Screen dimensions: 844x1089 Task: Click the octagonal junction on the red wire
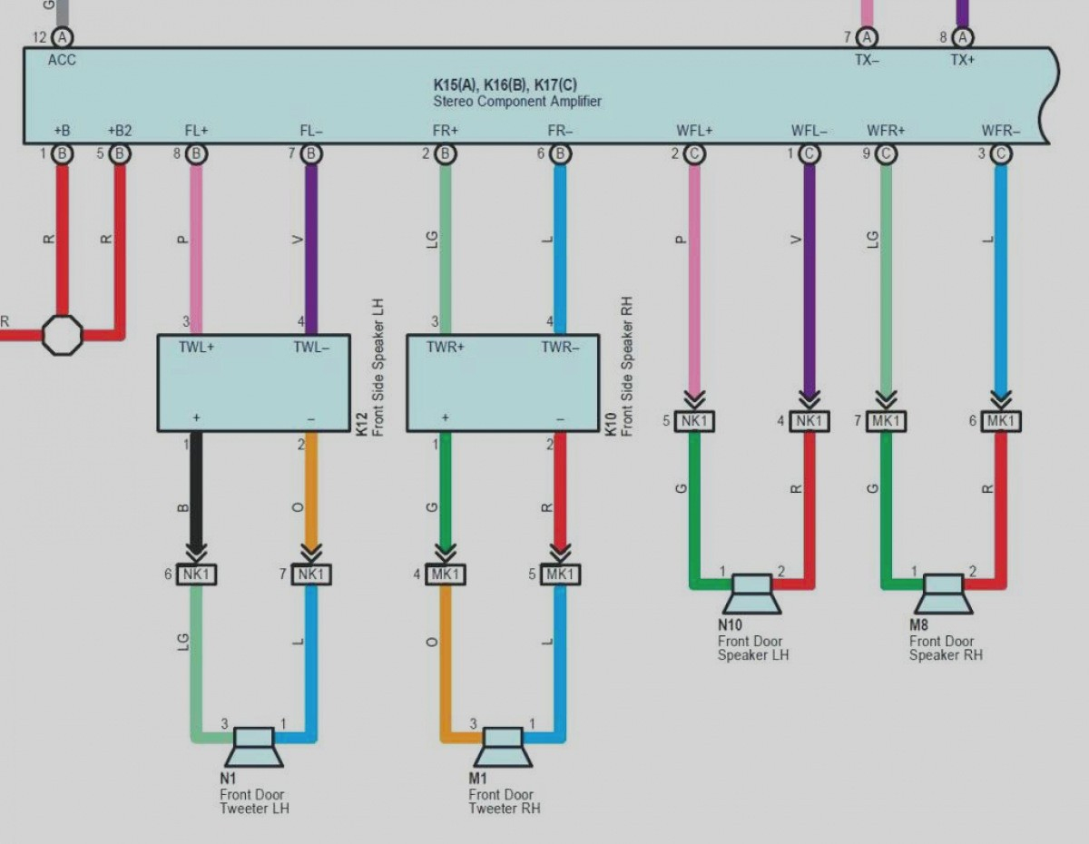click(x=63, y=335)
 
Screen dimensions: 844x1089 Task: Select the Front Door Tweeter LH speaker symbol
click(x=253, y=746)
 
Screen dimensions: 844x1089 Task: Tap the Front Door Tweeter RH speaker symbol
click(x=503, y=746)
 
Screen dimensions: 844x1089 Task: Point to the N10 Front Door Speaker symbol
click(x=751, y=593)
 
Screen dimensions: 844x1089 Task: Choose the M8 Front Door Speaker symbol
click(x=943, y=593)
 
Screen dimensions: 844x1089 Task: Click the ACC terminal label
click(x=62, y=60)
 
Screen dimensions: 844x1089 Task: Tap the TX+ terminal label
click(x=962, y=60)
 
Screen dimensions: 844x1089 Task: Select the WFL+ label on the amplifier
click(x=694, y=131)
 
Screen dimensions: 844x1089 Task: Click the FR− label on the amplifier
click(x=561, y=131)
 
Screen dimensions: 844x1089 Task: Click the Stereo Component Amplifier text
click(x=516, y=102)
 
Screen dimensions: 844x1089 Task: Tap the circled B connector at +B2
click(x=119, y=154)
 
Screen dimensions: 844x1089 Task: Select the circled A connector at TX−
click(x=868, y=37)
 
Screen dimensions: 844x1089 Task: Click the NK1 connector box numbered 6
click(x=196, y=574)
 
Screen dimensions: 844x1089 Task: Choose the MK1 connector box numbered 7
click(x=886, y=421)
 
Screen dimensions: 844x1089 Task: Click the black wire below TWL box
click(x=196, y=490)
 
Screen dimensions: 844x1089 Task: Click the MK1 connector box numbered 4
click(x=446, y=574)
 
